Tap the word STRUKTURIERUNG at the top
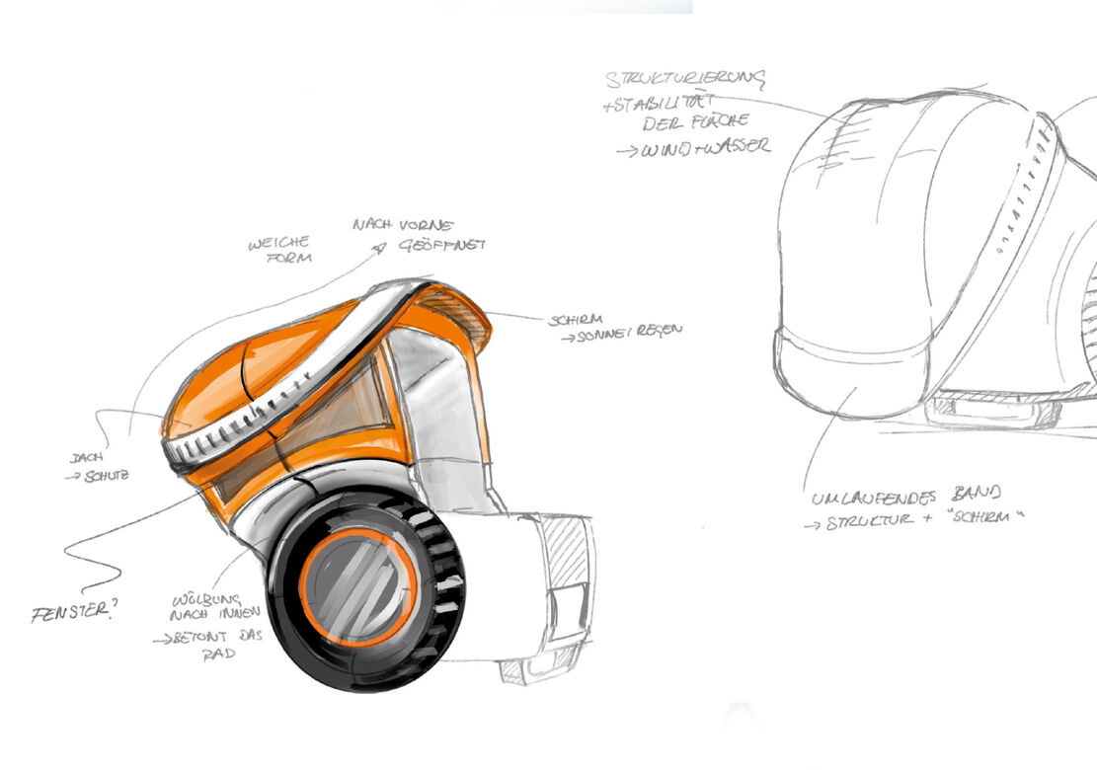pyautogui.click(x=686, y=79)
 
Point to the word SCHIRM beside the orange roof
pyautogui.click(x=574, y=320)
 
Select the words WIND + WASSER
pyautogui.click(x=703, y=148)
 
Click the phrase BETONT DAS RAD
pyautogui.click(x=210, y=645)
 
